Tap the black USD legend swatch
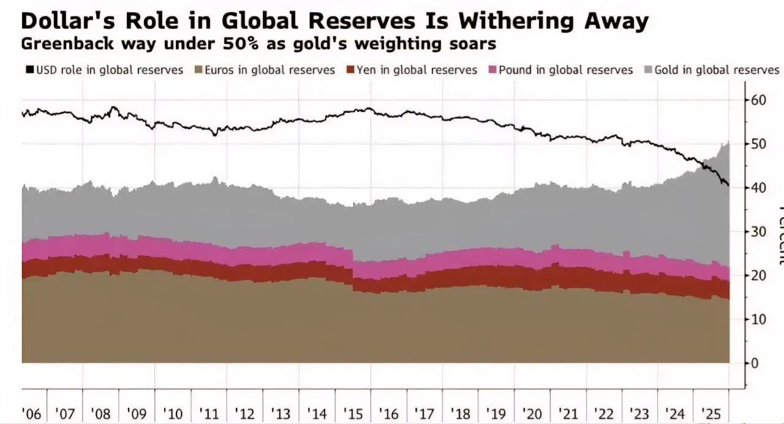pos(29,70)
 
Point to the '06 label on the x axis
pos(32,414)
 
